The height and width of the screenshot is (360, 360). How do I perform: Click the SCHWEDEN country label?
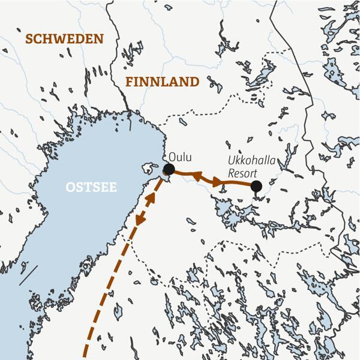[x=64, y=39]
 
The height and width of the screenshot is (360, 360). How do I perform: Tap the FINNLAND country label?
[x=162, y=82]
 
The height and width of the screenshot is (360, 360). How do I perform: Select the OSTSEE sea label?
[x=91, y=188]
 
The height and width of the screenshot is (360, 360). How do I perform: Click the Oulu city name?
[x=181, y=157]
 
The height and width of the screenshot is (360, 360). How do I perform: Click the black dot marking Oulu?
[x=169, y=170]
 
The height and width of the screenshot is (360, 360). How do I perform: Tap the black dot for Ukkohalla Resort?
[x=256, y=186]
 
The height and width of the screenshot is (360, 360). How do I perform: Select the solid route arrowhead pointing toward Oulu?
[x=196, y=176]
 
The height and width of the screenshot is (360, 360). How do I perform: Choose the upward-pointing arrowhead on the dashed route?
[x=157, y=186]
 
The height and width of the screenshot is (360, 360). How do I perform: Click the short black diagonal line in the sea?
[x=28, y=275]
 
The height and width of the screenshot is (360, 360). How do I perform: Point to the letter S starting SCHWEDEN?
[x=29, y=39]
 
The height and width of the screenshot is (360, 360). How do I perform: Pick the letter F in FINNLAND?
[x=129, y=82]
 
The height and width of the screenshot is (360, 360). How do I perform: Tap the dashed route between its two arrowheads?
[x=149, y=203]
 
